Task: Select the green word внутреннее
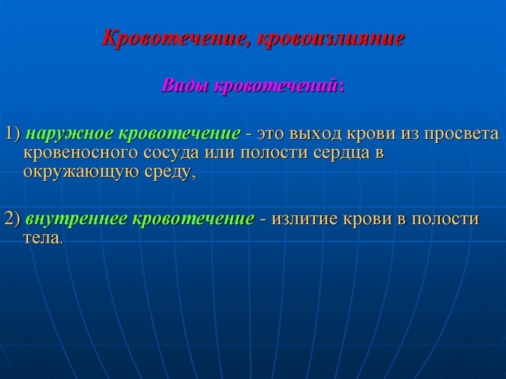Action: [77, 218]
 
